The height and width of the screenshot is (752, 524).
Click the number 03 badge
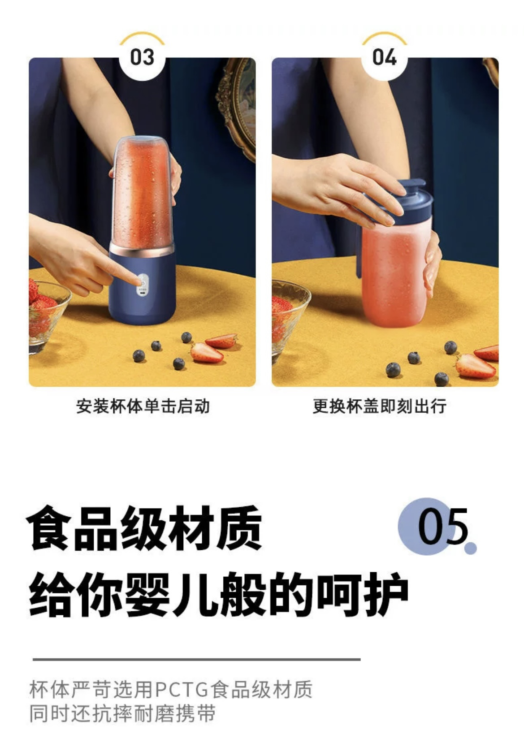point(142,57)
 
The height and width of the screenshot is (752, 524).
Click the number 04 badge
point(384,57)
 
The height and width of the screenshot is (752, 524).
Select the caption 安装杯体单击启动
point(143,406)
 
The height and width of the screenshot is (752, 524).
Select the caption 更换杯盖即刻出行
point(380,406)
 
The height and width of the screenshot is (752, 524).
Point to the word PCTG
point(181,690)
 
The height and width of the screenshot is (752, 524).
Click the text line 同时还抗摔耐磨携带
point(122,714)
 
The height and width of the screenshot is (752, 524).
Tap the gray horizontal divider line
point(197,659)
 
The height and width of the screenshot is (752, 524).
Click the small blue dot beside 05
point(470,548)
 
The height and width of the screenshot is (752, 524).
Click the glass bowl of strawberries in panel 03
point(47,315)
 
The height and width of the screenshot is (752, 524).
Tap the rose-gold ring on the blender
point(142,249)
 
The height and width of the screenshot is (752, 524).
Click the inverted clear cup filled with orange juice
point(143,191)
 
